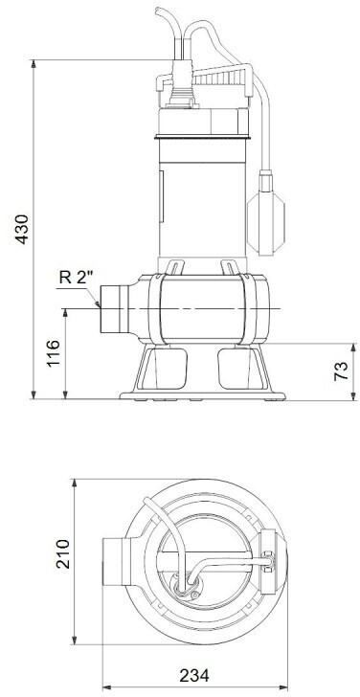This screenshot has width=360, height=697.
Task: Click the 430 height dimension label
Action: (x=21, y=229)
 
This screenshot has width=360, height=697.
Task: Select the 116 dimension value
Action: (x=54, y=353)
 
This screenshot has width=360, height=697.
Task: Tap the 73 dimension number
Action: (x=341, y=371)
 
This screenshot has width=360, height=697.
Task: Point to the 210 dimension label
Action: (x=62, y=553)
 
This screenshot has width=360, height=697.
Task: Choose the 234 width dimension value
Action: (x=194, y=676)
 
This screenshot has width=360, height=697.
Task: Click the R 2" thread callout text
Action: (x=76, y=278)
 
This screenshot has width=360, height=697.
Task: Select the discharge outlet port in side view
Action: (x=114, y=309)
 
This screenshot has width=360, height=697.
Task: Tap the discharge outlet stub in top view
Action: (x=114, y=562)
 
